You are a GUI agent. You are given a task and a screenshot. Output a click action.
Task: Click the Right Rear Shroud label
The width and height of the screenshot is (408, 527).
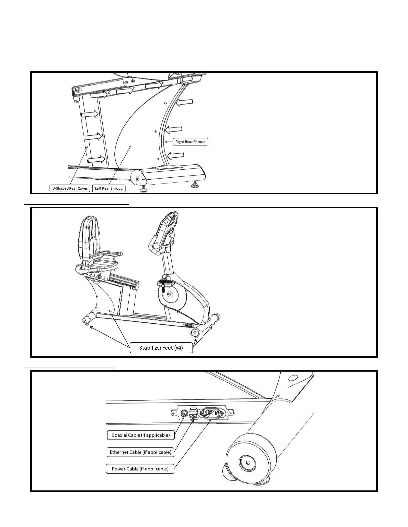[x=190, y=142]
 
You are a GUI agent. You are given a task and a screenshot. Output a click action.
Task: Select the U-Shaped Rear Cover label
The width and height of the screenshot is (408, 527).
[x=70, y=188]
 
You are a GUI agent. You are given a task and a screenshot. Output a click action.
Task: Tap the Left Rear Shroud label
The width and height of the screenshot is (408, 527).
[x=109, y=188]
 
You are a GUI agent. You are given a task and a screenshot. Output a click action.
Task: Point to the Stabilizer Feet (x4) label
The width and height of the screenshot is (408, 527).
[x=161, y=348]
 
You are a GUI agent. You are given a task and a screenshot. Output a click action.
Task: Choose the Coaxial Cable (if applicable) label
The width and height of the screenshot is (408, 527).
[x=141, y=435]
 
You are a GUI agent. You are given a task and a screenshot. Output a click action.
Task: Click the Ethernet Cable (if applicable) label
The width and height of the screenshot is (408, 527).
[x=140, y=452]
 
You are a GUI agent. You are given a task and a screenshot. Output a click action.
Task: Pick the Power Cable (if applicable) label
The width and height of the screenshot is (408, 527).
[x=140, y=469]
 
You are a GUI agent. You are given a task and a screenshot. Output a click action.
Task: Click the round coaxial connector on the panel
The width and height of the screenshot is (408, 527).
[x=183, y=414]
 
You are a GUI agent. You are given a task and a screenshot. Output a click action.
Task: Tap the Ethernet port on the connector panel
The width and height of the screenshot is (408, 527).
[x=193, y=414]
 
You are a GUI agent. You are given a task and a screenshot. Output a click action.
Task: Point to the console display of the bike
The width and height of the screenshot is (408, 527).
[x=166, y=233]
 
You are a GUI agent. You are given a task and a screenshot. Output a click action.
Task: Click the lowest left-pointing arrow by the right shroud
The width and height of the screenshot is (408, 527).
[x=175, y=156]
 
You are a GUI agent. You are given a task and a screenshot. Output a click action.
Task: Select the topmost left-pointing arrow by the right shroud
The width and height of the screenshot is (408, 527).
[x=184, y=102]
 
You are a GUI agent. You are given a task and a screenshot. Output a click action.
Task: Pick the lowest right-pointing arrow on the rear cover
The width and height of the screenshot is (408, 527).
[x=97, y=160]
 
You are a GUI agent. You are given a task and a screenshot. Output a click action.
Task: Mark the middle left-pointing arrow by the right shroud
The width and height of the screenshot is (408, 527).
[x=174, y=129]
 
